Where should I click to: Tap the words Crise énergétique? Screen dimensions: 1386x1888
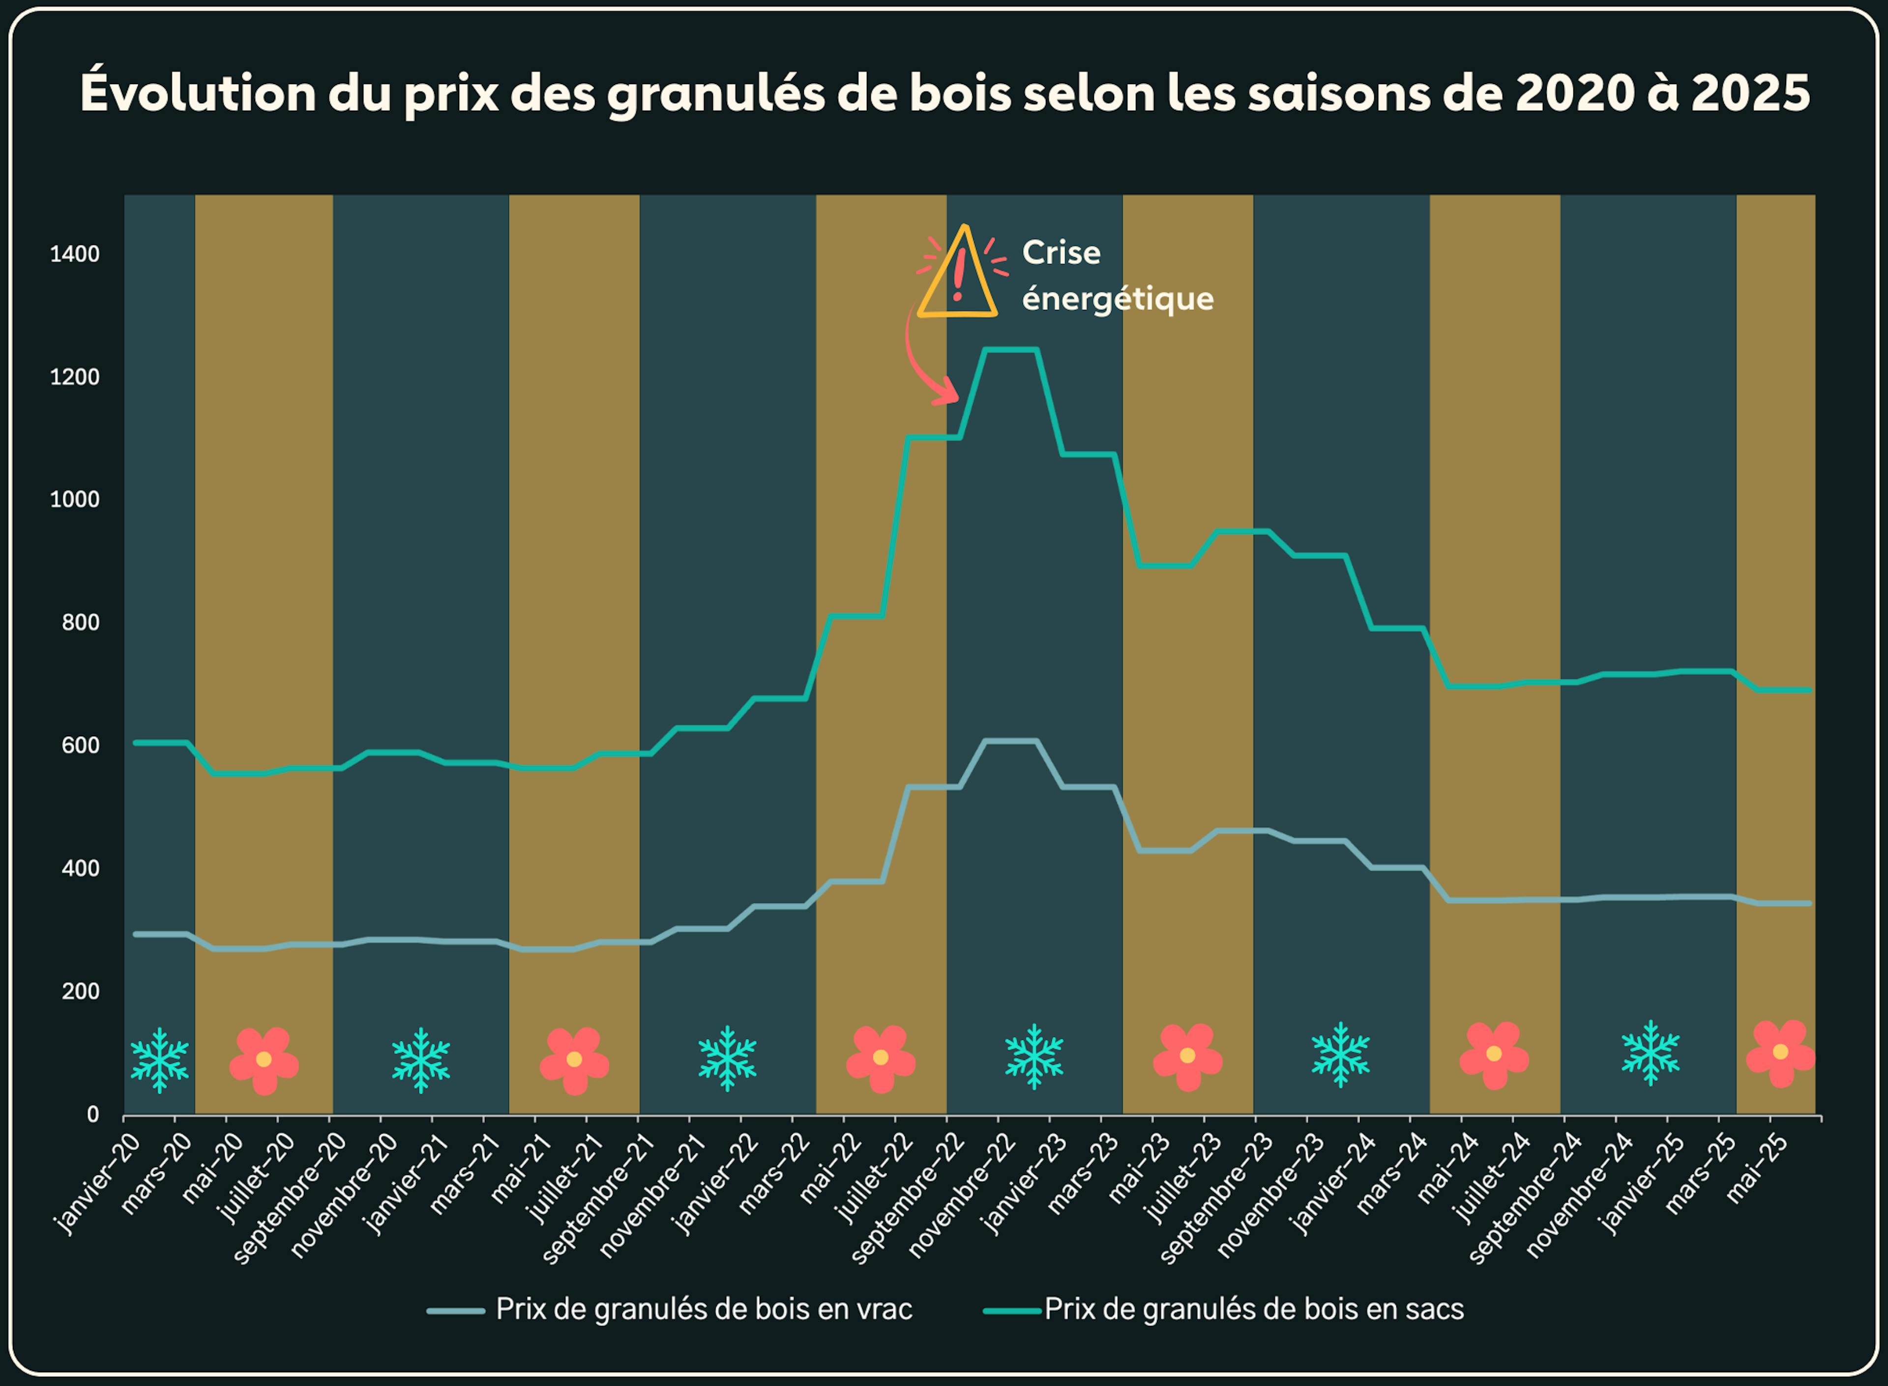click(x=1117, y=275)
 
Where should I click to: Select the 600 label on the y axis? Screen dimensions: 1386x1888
click(x=81, y=745)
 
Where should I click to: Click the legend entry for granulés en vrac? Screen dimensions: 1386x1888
click(x=703, y=1309)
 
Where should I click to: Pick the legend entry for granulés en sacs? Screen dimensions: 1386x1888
click(x=1253, y=1309)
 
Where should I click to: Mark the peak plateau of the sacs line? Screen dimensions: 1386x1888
click(x=1011, y=350)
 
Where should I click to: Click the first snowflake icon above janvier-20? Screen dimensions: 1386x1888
click(x=159, y=1059)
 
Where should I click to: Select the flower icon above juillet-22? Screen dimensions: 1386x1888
click(x=881, y=1058)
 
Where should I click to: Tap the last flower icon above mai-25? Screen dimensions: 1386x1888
click(x=1780, y=1054)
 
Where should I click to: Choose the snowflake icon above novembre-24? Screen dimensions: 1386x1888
click(x=1651, y=1053)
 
